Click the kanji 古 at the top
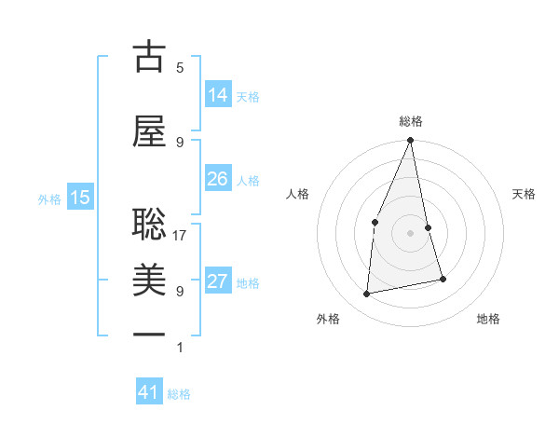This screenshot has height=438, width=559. [x=149, y=59]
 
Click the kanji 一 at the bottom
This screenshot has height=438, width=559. [x=149, y=333]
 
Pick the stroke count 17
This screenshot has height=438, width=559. [x=181, y=236]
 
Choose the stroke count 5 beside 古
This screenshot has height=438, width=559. [x=180, y=68]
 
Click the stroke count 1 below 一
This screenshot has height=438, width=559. [x=180, y=348]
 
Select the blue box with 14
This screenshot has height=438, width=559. [x=217, y=94]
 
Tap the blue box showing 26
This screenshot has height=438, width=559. [x=217, y=179]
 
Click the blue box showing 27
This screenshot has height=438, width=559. [x=217, y=281]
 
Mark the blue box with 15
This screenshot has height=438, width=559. [x=80, y=197]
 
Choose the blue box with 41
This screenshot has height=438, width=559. [x=149, y=392]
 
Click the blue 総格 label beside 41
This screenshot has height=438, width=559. [x=179, y=394]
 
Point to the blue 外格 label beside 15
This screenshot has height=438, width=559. [x=49, y=198]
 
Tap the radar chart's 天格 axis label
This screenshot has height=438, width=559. [x=525, y=194]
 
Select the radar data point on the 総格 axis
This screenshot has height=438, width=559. [x=410, y=141]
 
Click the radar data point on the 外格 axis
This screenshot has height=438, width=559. [x=367, y=294]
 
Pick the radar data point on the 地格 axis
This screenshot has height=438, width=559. [x=443, y=279]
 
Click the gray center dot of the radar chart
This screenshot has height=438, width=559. [x=410, y=232]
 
